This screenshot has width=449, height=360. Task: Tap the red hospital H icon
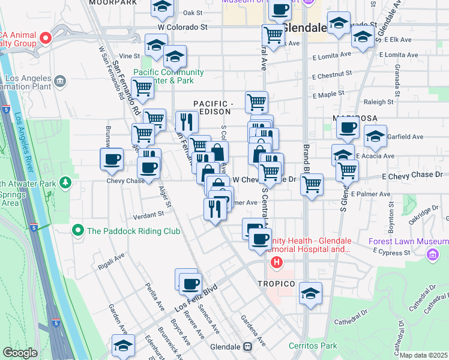coord(276,262)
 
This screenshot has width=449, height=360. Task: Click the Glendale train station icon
coord(247,347)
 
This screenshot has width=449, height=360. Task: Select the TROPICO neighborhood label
coord(276,283)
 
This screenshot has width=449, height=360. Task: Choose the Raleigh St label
coord(378,102)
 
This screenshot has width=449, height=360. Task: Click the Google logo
coord(19,353)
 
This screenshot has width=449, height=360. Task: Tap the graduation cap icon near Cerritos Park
coord(310,293)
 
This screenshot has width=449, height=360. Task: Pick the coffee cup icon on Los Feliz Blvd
coord(190,283)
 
